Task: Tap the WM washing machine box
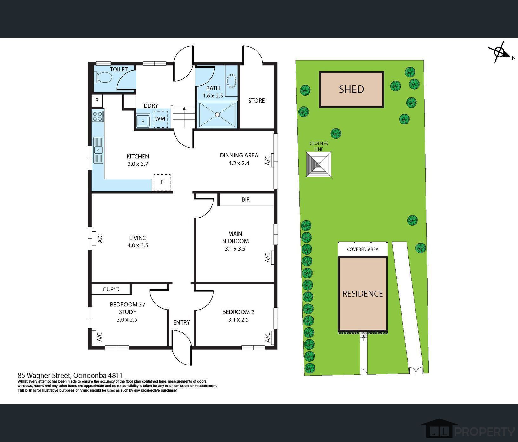click(160, 119)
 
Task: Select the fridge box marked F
click(162, 182)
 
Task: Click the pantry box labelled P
click(97, 101)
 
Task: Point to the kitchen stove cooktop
click(97, 116)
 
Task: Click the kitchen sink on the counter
click(98, 150)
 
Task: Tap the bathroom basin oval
click(232, 81)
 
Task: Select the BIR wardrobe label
click(246, 199)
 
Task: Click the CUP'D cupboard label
click(111, 289)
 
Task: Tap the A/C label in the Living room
click(100, 238)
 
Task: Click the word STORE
click(256, 101)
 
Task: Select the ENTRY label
click(182, 322)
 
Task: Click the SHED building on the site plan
click(352, 90)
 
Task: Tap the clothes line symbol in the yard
click(319, 164)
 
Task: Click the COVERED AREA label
click(363, 249)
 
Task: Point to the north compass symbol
click(499, 52)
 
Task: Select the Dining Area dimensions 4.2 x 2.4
click(239, 163)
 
